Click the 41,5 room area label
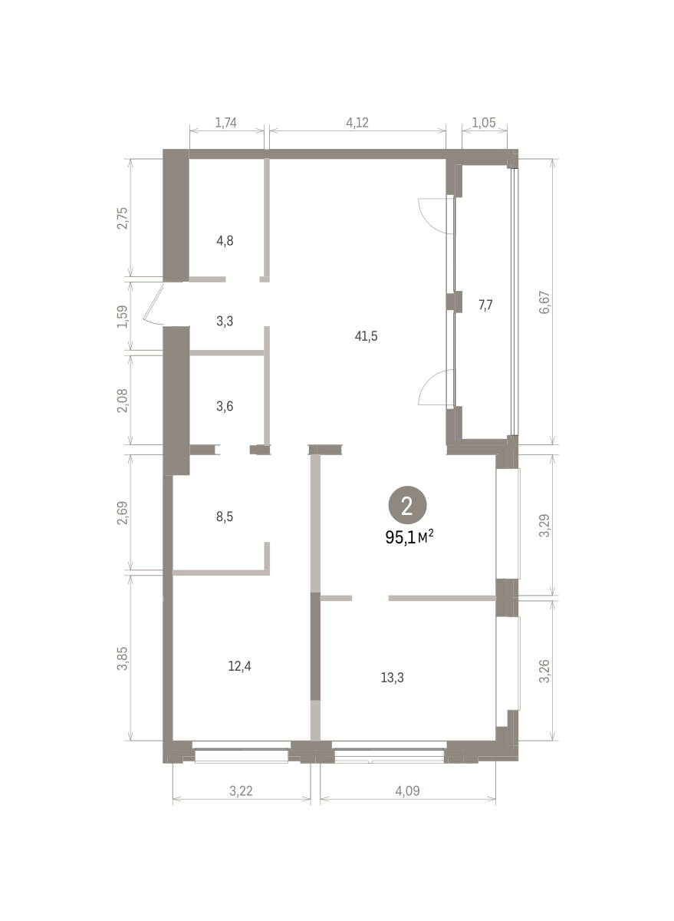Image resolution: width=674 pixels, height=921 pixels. click(x=366, y=336)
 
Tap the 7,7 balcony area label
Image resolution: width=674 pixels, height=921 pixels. click(x=485, y=305)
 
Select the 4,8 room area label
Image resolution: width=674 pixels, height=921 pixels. click(x=225, y=241)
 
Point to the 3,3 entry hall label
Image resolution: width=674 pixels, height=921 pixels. click(x=225, y=321)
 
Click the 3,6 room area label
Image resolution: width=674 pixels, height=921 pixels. click(x=225, y=406)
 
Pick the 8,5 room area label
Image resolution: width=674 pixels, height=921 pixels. click(x=225, y=517)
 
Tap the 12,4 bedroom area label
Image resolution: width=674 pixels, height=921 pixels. click(x=239, y=666)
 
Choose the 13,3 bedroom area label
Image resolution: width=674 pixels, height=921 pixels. click(x=393, y=678)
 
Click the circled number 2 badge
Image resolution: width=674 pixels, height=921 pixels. click(x=407, y=505)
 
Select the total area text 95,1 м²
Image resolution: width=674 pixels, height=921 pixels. click(x=409, y=537)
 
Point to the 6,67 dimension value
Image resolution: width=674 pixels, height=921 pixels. click(x=544, y=302)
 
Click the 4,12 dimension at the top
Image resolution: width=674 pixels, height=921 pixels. click(x=357, y=123)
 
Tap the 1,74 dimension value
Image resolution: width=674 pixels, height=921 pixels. click(x=226, y=123)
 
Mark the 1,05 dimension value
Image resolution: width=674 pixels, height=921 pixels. click(x=484, y=123)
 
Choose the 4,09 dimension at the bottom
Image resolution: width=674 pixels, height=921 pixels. click(x=407, y=791)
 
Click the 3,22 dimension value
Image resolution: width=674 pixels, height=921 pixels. click(x=241, y=791)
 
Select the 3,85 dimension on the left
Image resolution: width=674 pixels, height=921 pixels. click(x=123, y=659)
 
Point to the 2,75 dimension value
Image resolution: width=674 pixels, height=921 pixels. click(x=123, y=218)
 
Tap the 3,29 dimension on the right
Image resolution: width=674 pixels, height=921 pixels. click(x=544, y=526)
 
